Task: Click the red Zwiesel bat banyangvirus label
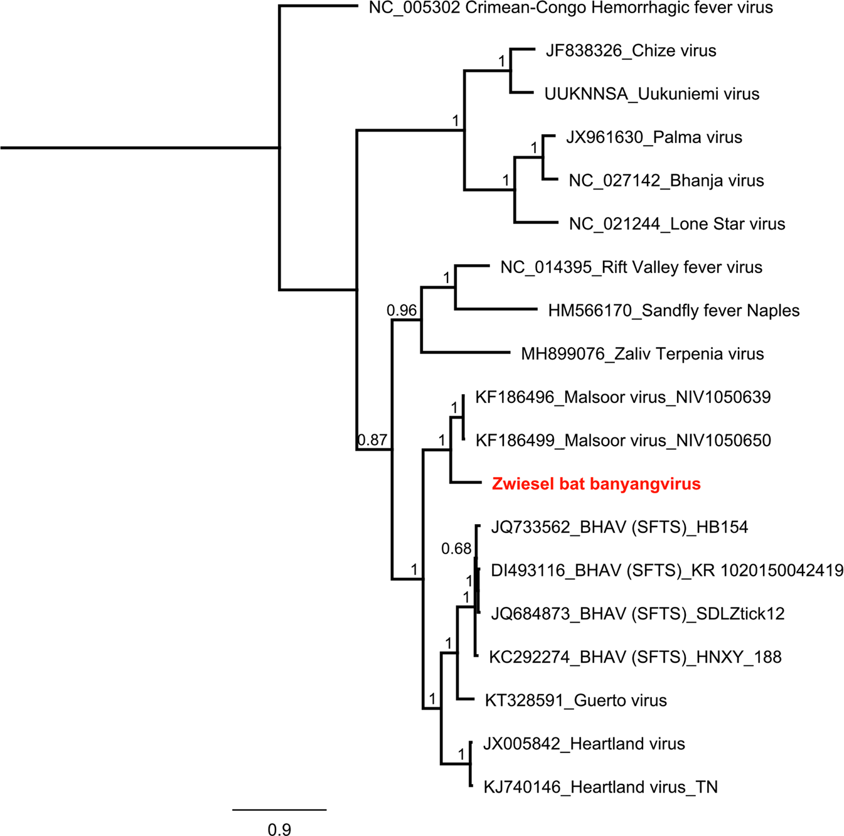[596, 484]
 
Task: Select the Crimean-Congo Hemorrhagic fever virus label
[570, 8]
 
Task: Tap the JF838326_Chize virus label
[631, 51]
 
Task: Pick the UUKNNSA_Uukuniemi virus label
[651, 94]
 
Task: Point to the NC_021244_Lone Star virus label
[676, 224]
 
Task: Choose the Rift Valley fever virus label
[631, 267]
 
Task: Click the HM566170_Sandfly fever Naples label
[673, 311]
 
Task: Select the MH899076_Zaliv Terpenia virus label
[642, 354]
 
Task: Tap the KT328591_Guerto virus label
[575, 700]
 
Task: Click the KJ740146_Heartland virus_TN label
[600, 787]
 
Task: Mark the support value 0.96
[402, 310]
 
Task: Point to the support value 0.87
[373, 440]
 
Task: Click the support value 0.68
[456, 549]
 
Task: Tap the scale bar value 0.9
[279, 829]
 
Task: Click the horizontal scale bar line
[279, 810]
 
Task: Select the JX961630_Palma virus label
[654, 137]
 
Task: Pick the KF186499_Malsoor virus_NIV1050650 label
[622, 441]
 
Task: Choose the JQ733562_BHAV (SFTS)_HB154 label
[619, 527]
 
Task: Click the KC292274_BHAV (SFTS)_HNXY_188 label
[635, 657]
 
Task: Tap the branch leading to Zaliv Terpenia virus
[465, 352]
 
